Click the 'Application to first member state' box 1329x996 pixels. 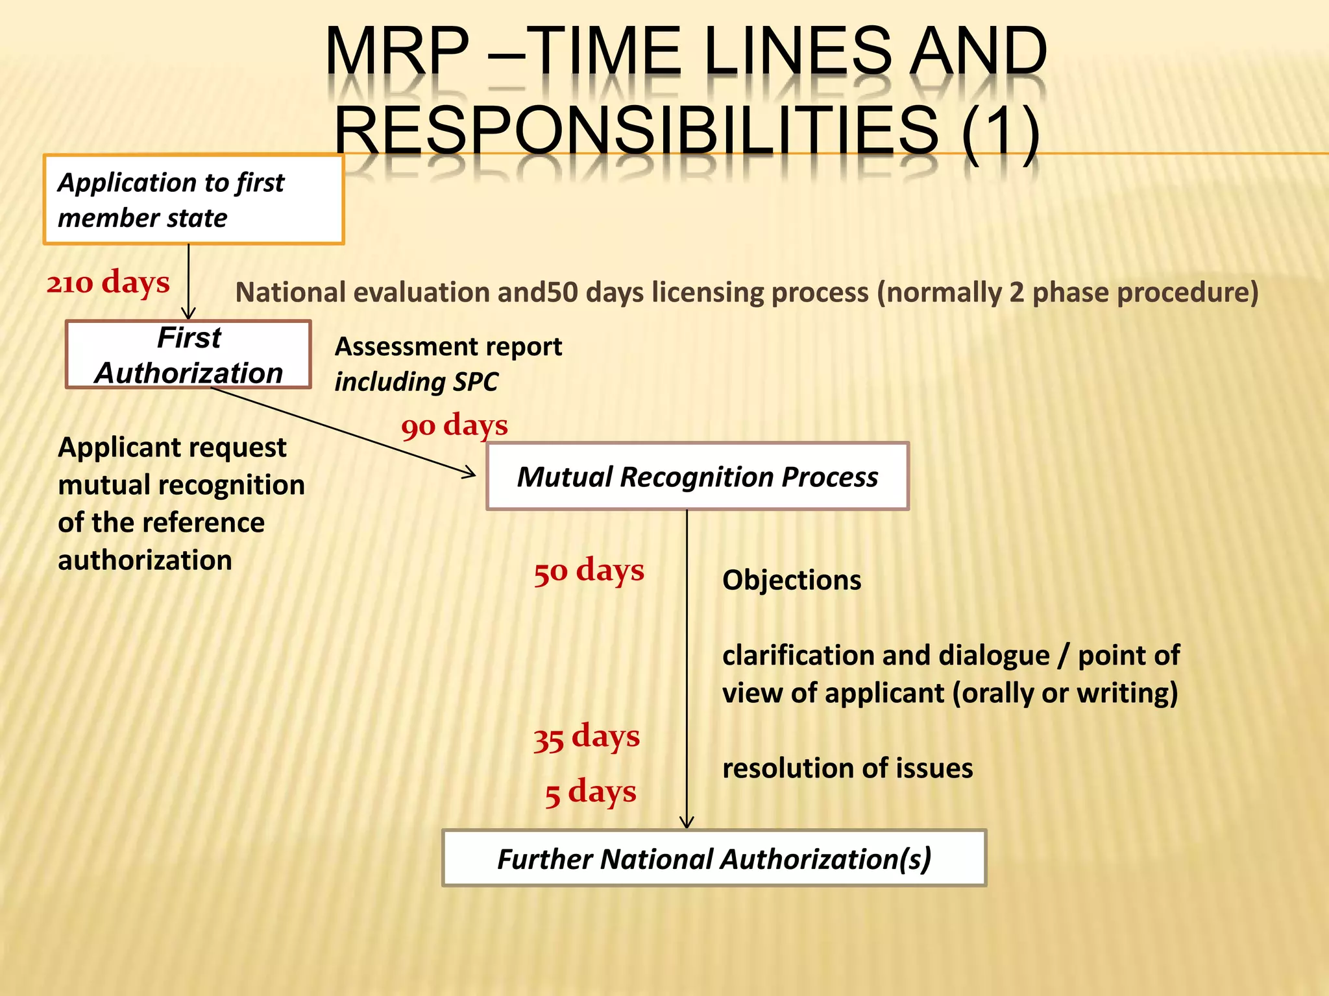193,200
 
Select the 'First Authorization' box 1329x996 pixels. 188,355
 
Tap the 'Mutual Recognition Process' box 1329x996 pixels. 698,477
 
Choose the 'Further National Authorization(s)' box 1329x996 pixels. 714,859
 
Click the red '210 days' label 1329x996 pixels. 108,283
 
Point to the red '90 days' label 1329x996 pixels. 454,426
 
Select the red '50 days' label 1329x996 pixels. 589,571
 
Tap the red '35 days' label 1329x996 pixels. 586,737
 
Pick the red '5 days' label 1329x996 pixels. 591,792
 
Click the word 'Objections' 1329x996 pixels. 792,580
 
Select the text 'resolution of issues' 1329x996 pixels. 847,768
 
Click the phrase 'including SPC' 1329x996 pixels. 416,381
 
